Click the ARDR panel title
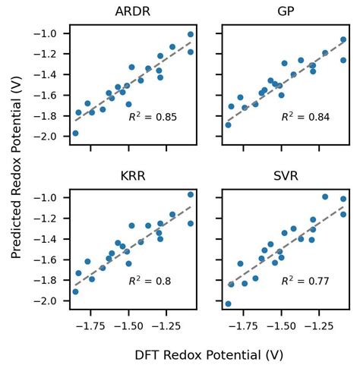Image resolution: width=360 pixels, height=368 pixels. click(132, 13)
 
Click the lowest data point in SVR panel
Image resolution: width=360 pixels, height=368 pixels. click(228, 304)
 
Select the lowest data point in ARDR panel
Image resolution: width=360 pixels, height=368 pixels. click(75, 134)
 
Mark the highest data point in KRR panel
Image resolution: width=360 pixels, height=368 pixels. click(191, 195)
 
